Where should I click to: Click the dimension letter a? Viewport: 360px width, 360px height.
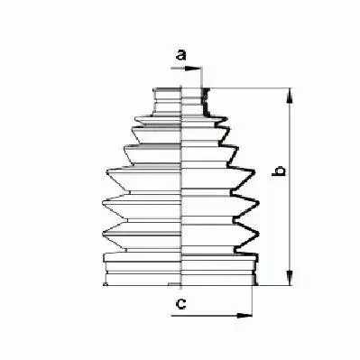tap(180, 55)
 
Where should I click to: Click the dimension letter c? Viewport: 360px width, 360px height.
tap(180, 304)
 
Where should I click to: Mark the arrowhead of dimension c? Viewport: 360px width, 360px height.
tap(247, 316)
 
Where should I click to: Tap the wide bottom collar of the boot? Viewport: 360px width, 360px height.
tap(181, 271)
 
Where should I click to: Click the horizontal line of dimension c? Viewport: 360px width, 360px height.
tap(212, 316)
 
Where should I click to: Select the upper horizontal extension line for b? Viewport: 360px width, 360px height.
tap(253, 88)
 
